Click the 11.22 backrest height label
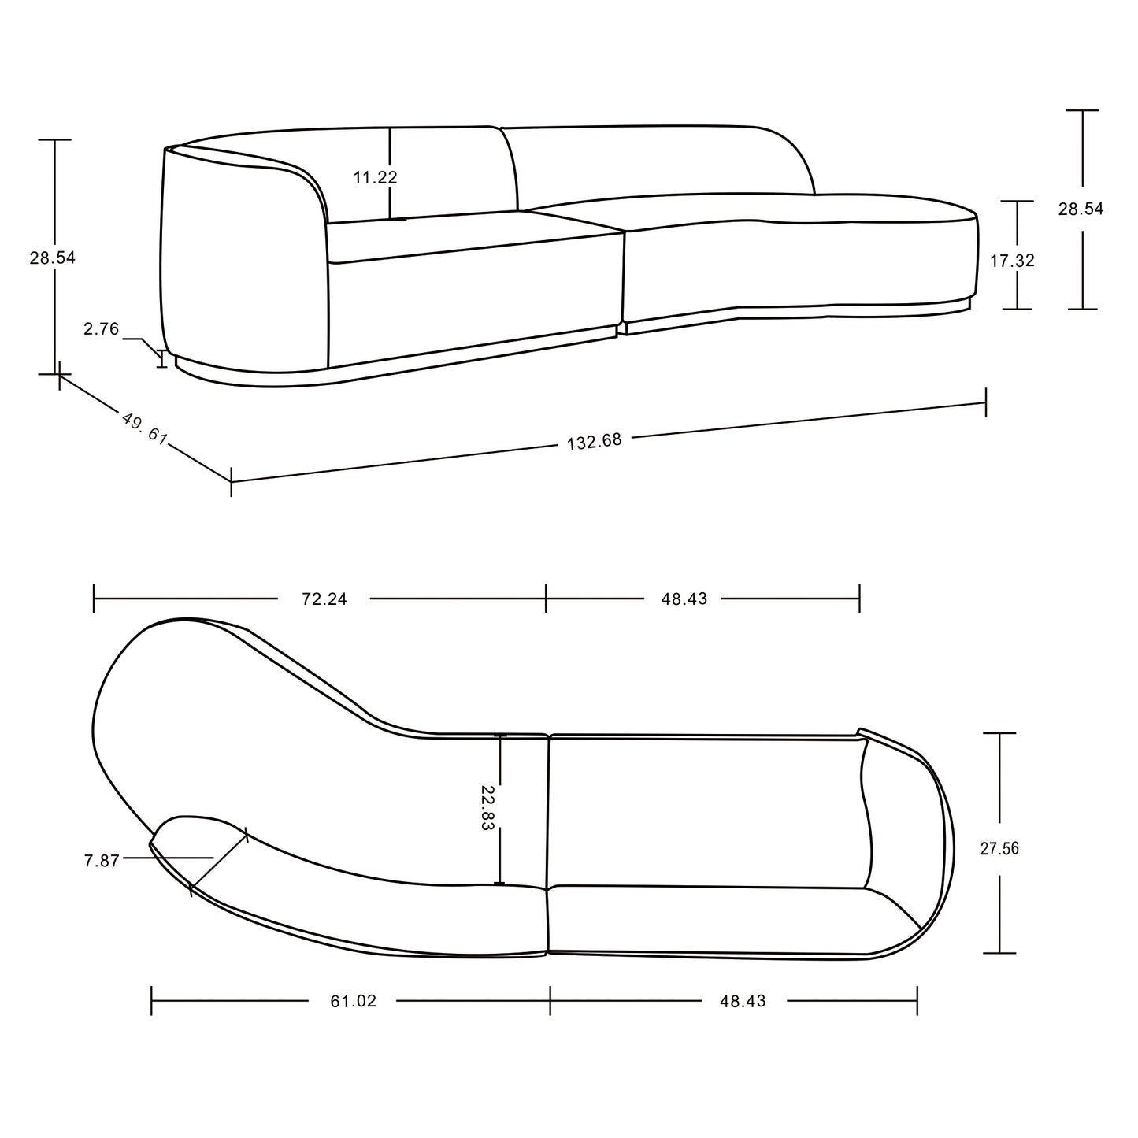tap(376, 177)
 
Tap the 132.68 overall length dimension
tap(595, 441)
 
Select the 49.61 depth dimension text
tap(145, 428)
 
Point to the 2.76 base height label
tap(102, 329)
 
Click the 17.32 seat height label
tap(1012, 261)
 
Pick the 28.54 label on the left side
tap(53, 258)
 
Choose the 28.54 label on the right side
tap(1081, 209)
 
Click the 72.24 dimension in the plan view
tap(324, 599)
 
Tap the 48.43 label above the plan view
tap(684, 599)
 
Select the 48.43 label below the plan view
tap(743, 1001)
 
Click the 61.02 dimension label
tap(353, 1001)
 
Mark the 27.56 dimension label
tap(999, 848)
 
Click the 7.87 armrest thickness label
tap(102, 861)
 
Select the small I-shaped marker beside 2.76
tap(163, 358)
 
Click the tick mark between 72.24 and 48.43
tap(546, 599)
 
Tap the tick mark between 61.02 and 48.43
tap(550, 1001)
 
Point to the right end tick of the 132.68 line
tap(985, 403)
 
